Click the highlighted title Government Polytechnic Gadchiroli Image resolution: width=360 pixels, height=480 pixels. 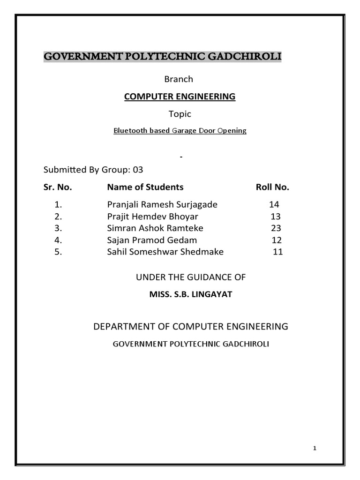coord(162,57)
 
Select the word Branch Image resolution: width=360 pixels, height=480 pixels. coord(179,79)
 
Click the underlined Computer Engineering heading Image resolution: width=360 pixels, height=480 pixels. coord(180,97)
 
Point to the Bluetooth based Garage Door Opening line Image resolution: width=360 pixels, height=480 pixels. coord(180,131)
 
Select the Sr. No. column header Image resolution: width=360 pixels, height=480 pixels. coord(58,187)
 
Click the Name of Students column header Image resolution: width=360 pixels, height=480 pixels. coord(145,187)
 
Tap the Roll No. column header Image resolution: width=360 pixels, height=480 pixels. coord(272,187)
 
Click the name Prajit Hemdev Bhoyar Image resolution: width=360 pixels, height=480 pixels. coord(152,217)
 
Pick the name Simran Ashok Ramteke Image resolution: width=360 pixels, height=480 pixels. coord(155,228)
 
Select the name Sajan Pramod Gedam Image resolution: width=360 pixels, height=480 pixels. coord(152,240)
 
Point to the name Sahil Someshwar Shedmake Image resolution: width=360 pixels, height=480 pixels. coord(165,252)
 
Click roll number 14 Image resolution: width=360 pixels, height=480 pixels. coord(274,205)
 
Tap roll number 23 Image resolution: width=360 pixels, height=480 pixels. coord(276,228)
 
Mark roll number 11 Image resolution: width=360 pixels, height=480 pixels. coord(278,252)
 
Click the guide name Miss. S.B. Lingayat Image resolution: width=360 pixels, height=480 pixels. coord(190,294)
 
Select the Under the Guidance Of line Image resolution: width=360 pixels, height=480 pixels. coord(191,277)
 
